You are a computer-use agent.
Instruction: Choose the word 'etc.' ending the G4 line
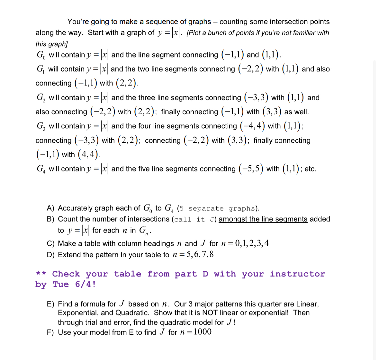(310, 169)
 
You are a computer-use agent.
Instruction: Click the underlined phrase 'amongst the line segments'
(263, 219)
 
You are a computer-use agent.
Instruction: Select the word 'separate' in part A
(206, 209)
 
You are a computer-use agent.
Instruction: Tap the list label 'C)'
(51, 244)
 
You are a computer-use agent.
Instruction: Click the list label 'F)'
(50, 332)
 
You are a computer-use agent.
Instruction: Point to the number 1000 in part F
(203, 332)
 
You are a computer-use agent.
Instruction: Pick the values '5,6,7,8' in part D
(200, 255)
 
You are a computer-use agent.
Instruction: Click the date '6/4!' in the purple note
(85, 285)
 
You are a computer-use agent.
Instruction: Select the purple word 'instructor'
(297, 274)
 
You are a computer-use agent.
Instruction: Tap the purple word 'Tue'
(60, 285)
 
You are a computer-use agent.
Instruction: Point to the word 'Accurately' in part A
(75, 208)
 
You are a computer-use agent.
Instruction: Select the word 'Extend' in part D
(68, 255)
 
